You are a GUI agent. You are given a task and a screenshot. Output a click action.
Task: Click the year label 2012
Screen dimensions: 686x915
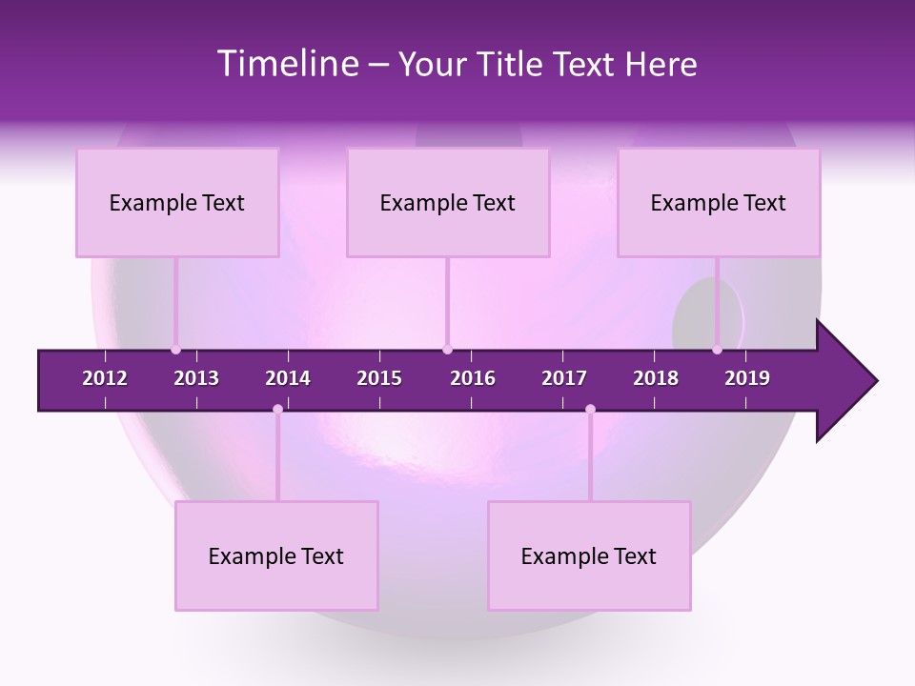105,378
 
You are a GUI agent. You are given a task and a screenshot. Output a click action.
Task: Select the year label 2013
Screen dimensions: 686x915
196,378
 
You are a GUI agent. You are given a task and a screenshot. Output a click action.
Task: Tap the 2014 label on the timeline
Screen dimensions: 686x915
288,378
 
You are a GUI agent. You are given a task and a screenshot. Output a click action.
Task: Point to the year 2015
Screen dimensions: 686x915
379,378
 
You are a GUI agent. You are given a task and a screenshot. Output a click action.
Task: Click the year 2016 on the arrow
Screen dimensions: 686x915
473,378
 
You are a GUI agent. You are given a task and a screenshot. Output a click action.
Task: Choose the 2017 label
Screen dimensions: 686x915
564,378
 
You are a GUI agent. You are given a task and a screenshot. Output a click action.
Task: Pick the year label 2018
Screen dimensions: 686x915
656,378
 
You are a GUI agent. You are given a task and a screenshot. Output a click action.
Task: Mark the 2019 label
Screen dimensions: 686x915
747,378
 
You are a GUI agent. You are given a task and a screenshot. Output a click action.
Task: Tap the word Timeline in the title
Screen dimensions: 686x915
287,64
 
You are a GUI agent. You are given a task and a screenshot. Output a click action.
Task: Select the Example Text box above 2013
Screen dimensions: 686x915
177,203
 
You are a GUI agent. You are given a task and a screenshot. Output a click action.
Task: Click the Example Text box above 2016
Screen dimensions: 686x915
448,203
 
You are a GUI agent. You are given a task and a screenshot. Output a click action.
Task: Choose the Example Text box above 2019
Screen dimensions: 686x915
719,203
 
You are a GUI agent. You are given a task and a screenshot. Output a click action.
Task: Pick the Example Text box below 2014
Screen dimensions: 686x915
276,556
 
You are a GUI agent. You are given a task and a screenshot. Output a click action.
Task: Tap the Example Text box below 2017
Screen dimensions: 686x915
589,556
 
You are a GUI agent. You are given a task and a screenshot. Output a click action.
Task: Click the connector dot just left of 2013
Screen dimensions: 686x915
175,350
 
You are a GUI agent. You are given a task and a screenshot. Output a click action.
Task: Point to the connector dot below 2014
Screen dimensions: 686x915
277,409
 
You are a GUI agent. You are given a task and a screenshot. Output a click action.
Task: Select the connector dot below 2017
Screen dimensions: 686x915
590,409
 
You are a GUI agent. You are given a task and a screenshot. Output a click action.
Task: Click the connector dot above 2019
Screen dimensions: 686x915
717,350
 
